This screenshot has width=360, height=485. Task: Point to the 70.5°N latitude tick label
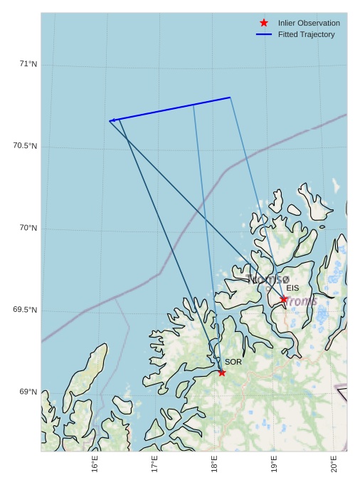coord(25,146)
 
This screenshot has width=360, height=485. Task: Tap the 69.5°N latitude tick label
coord(25,310)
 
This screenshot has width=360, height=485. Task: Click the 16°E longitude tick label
coord(95,465)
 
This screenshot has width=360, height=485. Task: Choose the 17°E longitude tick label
coord(154,465)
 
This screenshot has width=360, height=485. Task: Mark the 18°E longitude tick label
coord(214,465)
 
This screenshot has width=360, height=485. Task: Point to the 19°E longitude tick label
coord(274,465)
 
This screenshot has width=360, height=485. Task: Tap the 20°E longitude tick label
coord(334,465)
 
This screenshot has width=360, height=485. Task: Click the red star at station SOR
coord(222,372)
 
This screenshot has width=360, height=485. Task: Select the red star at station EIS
coord(283,299)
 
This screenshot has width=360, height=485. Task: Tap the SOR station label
coord(233,362)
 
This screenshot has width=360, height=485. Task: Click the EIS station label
coord(292,288)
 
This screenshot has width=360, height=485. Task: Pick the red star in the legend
coord(264,23)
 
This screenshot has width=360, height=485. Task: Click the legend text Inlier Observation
coord(309,23)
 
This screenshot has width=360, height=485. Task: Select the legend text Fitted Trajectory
coord(306,34)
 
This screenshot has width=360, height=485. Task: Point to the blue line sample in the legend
coord(264,34)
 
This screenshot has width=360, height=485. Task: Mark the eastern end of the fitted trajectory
coord(230,98)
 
